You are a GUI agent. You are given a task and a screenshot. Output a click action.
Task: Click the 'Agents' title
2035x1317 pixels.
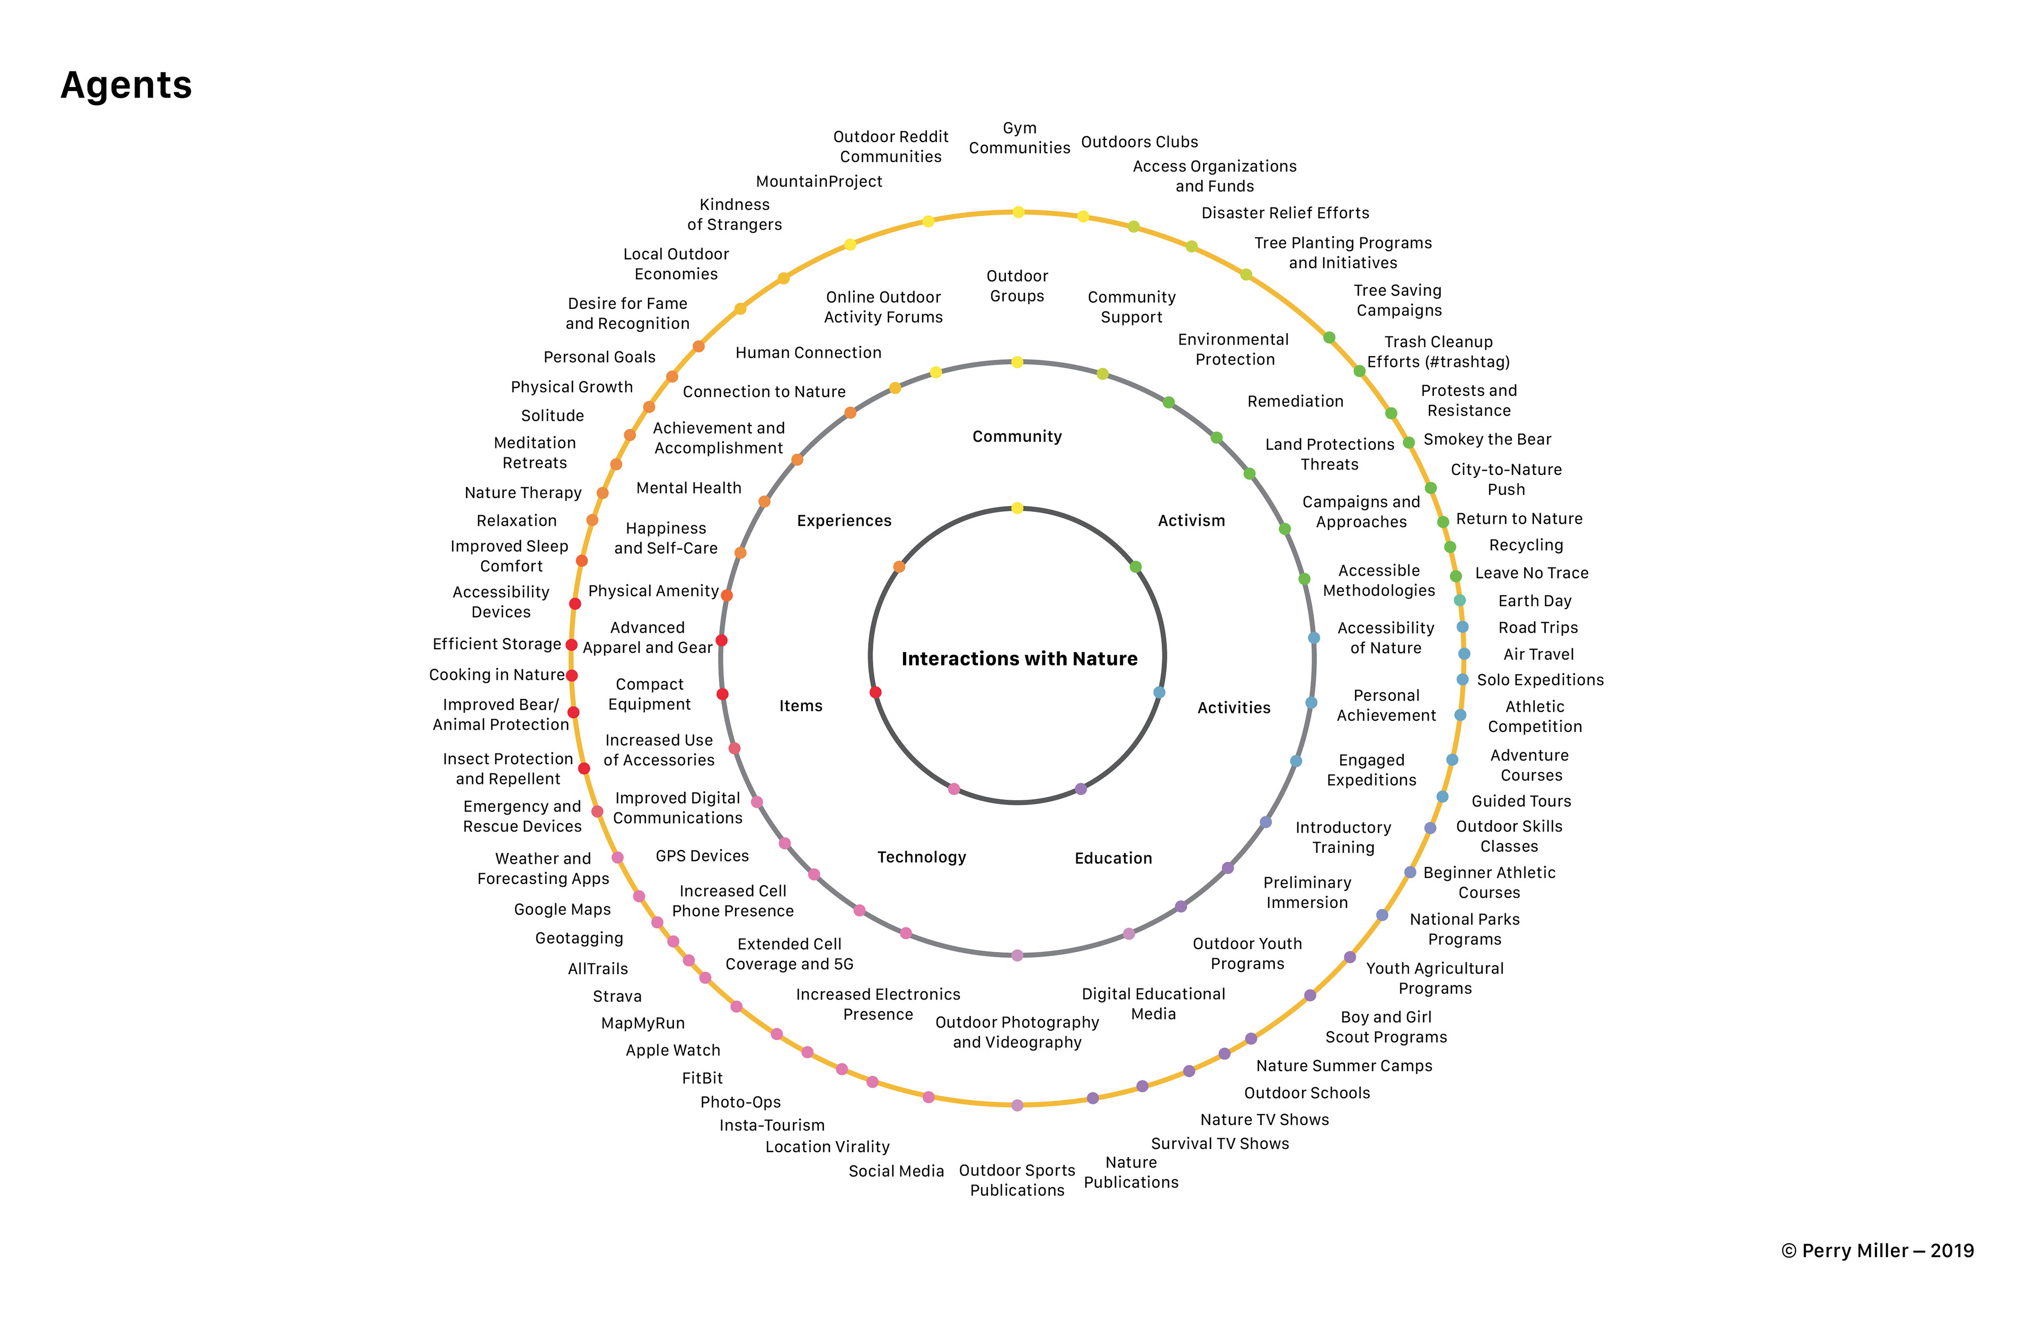click(x=127, y=85)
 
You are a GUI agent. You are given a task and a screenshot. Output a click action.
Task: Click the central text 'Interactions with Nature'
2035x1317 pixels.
click(x=1019, y=658)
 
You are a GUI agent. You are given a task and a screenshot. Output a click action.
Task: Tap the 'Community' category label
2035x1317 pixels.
click(x=1016, y=436)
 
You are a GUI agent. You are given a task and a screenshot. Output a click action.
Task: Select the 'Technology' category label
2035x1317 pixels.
click(x=921, y=857)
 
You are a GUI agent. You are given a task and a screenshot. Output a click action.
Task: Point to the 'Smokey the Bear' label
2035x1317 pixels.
click(x=1487, y=439)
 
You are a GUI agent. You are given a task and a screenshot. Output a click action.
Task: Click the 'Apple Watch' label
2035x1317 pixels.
click(x=673, y=1050)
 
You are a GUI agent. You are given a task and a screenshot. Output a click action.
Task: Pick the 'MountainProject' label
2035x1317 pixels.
click(x=819, y=181)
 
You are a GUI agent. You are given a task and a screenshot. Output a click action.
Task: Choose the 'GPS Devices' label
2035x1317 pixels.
click(x=702, y=856)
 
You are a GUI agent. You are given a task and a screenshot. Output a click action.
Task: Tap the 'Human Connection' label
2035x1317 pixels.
click(x=808, y=352)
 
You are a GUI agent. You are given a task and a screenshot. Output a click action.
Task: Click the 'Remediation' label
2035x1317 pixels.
click(x=1295, y=401)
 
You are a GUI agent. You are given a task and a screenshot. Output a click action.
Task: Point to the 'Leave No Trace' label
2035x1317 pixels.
click(x=1532, y=573)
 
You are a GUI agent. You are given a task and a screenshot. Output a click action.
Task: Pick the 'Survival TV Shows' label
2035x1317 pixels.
click(x=1219, y=1143)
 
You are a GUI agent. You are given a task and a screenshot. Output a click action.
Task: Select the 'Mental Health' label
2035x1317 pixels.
click(x=688, y=488)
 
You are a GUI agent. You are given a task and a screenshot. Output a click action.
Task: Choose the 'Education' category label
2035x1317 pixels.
click(x=1113, y=858)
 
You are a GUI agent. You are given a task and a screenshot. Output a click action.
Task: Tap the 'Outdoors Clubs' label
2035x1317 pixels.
click(x=1139, y=142)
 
